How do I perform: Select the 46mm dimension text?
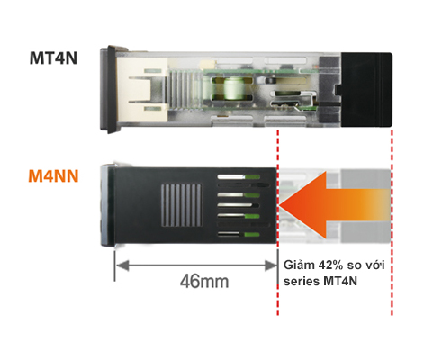tap(203, 281)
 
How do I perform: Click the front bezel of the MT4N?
tap(109, 87)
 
